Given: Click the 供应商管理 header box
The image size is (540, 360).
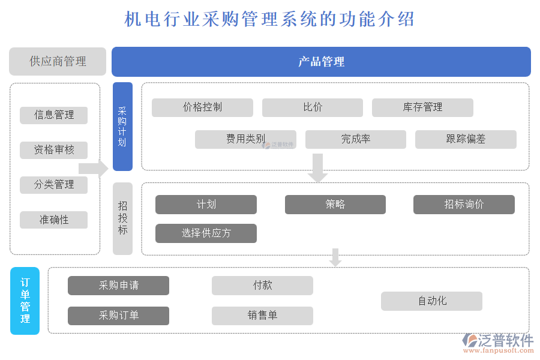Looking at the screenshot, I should (58, 61).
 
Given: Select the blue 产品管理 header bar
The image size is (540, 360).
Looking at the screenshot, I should (321, 61).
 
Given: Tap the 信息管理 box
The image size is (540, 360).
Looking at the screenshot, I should (54, 115).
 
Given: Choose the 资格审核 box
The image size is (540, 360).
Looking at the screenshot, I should (54, 150).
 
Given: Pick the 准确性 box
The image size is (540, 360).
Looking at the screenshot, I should (54, 220).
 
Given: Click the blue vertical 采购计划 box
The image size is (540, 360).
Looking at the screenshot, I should (122, 127).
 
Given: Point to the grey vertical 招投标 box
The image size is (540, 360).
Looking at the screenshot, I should (122, 218).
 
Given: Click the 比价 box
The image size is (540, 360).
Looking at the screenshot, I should (312, 107).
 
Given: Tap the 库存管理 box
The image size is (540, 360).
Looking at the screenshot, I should (422, 107).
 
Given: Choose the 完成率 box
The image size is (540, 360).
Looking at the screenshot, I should (355, 139).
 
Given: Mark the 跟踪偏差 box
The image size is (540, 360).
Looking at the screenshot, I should (466, 139).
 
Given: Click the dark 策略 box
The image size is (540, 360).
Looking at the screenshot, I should (335, 205).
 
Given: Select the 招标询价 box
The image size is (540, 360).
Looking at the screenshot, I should (464, 205).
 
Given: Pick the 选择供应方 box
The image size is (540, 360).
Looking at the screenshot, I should (206, 233).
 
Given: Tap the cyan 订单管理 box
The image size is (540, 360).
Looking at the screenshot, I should (25, 301).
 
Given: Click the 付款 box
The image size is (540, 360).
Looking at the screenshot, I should (262, 286).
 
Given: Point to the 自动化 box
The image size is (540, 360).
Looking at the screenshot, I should (431, 301).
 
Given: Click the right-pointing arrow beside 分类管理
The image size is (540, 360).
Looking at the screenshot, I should (93, 169).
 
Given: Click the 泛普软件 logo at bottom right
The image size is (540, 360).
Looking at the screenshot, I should (498, 342).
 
